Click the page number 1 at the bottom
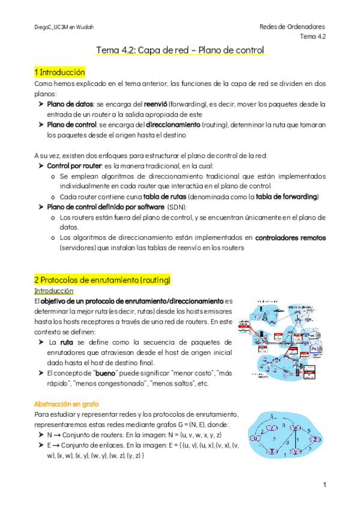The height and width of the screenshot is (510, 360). point(323,485)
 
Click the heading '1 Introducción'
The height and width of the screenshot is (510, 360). point(60,72)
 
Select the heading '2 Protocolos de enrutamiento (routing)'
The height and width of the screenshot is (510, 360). point(103,280)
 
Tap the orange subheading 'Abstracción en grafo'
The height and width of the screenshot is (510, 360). point(67,404)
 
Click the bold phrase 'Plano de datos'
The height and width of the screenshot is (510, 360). point(70,104)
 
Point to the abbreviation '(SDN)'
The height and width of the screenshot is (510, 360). point(177,206)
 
